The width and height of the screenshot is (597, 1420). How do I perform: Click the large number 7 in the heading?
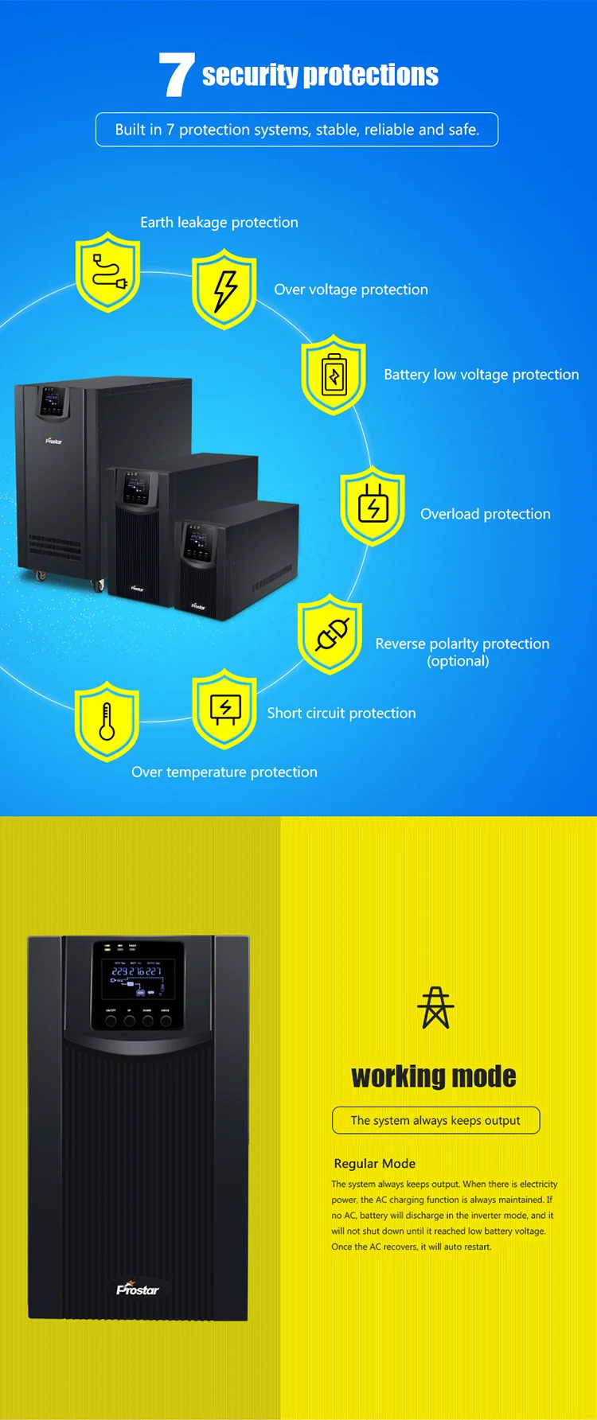(x=176, y=76)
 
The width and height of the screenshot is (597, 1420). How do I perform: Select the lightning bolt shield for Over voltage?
(x=224, y=289)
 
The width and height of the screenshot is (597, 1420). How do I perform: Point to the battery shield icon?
(x=334, y=375)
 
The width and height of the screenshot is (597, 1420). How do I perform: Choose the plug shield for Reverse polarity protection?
(x=330, y=635)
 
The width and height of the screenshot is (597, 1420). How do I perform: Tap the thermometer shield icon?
(x=107, y=721)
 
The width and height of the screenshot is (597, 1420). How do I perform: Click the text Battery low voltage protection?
(x=481, y=375)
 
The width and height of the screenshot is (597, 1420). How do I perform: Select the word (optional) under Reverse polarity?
(x=458, y=661)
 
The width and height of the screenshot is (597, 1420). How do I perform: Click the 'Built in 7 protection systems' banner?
(x=297, y=130)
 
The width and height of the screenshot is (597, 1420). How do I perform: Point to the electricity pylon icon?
(x=435, y=1007)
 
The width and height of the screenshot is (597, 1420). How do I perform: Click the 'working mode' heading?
(x=434, y=1076)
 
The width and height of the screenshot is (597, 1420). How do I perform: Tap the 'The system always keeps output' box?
(x=435, y=1120)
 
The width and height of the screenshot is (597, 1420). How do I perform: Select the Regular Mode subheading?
(x=374, y=1163)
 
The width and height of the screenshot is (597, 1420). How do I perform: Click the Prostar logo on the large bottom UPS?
(x=138, y=1289)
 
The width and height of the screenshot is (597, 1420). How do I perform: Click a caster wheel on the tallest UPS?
(x=98, y=585)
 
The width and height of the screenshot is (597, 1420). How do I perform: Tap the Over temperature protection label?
(x=224, y=772)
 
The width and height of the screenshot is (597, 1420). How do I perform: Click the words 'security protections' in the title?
(x=320, y=75)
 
